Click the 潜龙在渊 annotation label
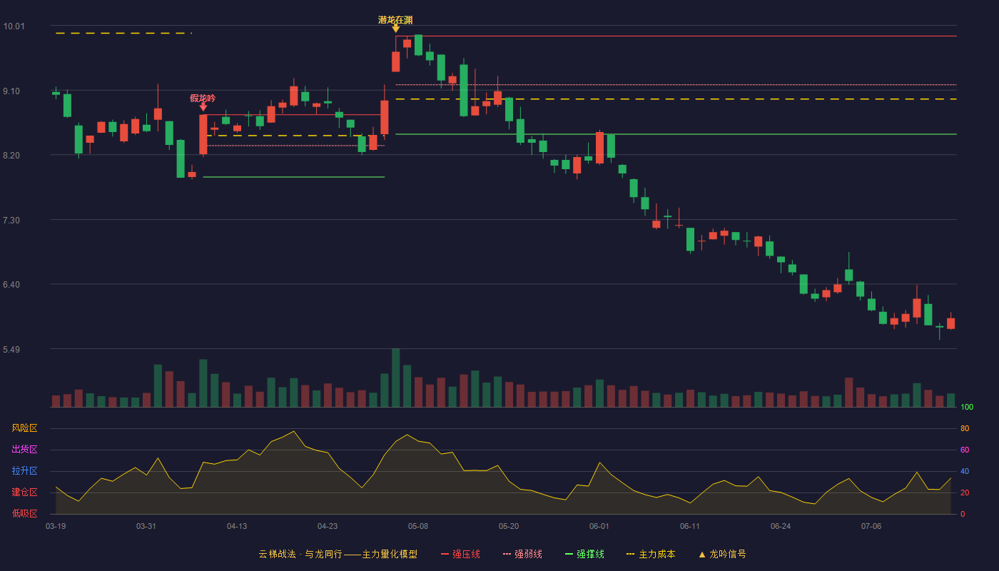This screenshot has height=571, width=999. click(395, 20)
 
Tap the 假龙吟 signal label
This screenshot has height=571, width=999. click(203, 98)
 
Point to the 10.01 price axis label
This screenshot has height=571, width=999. click(14, 26)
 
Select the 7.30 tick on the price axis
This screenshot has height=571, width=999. click(11, 221)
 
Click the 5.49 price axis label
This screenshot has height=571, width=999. click(11, 349)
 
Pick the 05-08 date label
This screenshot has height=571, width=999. click(418, 527)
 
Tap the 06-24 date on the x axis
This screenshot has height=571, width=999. click(781, 527)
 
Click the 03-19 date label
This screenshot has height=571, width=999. click(56, 527)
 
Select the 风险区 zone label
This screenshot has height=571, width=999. click(24, 428)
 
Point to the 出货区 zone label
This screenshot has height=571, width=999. click(24, 449)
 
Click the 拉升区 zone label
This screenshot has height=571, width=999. click(24, 470)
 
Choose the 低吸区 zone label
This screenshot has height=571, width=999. click(24, 513)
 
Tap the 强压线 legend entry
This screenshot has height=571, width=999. click(460, 554)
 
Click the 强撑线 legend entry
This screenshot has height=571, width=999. click(584, 554)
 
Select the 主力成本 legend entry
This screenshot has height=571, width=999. click(651, 554)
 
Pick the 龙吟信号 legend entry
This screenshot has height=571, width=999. click(722, 554)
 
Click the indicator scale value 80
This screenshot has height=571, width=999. click(965, 428)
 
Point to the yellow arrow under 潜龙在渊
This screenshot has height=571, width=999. click(395, 29)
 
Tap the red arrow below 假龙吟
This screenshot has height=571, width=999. click(203, 107)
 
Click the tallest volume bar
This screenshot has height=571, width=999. click(395, 378)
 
